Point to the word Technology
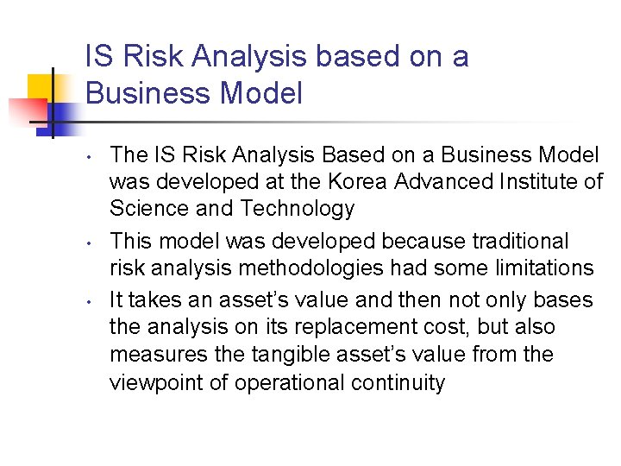pos(298,208)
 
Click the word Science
pos(143,208)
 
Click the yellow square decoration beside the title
pos(41,87)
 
